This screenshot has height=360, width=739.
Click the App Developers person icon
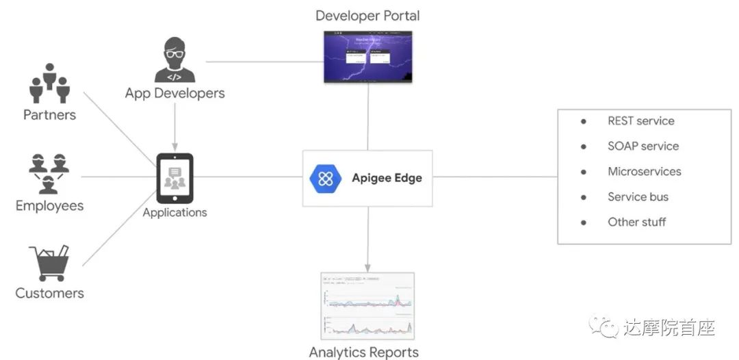174,60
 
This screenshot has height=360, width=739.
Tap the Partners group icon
49,83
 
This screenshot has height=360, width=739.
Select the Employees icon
49,174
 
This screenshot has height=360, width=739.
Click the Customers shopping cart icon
49,263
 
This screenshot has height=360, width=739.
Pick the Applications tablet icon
174,178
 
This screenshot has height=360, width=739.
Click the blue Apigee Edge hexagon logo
326,179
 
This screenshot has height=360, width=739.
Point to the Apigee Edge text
387,178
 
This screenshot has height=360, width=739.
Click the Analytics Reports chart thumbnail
368,307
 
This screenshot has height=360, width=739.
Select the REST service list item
640,121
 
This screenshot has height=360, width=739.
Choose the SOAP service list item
643,146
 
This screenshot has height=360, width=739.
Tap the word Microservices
644,172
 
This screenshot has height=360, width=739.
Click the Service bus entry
638,197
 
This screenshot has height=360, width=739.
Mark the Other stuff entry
636,222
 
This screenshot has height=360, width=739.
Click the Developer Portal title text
367,16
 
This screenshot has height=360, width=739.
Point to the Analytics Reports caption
363,352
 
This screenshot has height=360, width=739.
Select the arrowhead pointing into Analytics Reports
368,267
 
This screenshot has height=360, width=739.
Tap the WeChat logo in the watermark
603,326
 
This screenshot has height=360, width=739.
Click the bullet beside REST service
584,121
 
